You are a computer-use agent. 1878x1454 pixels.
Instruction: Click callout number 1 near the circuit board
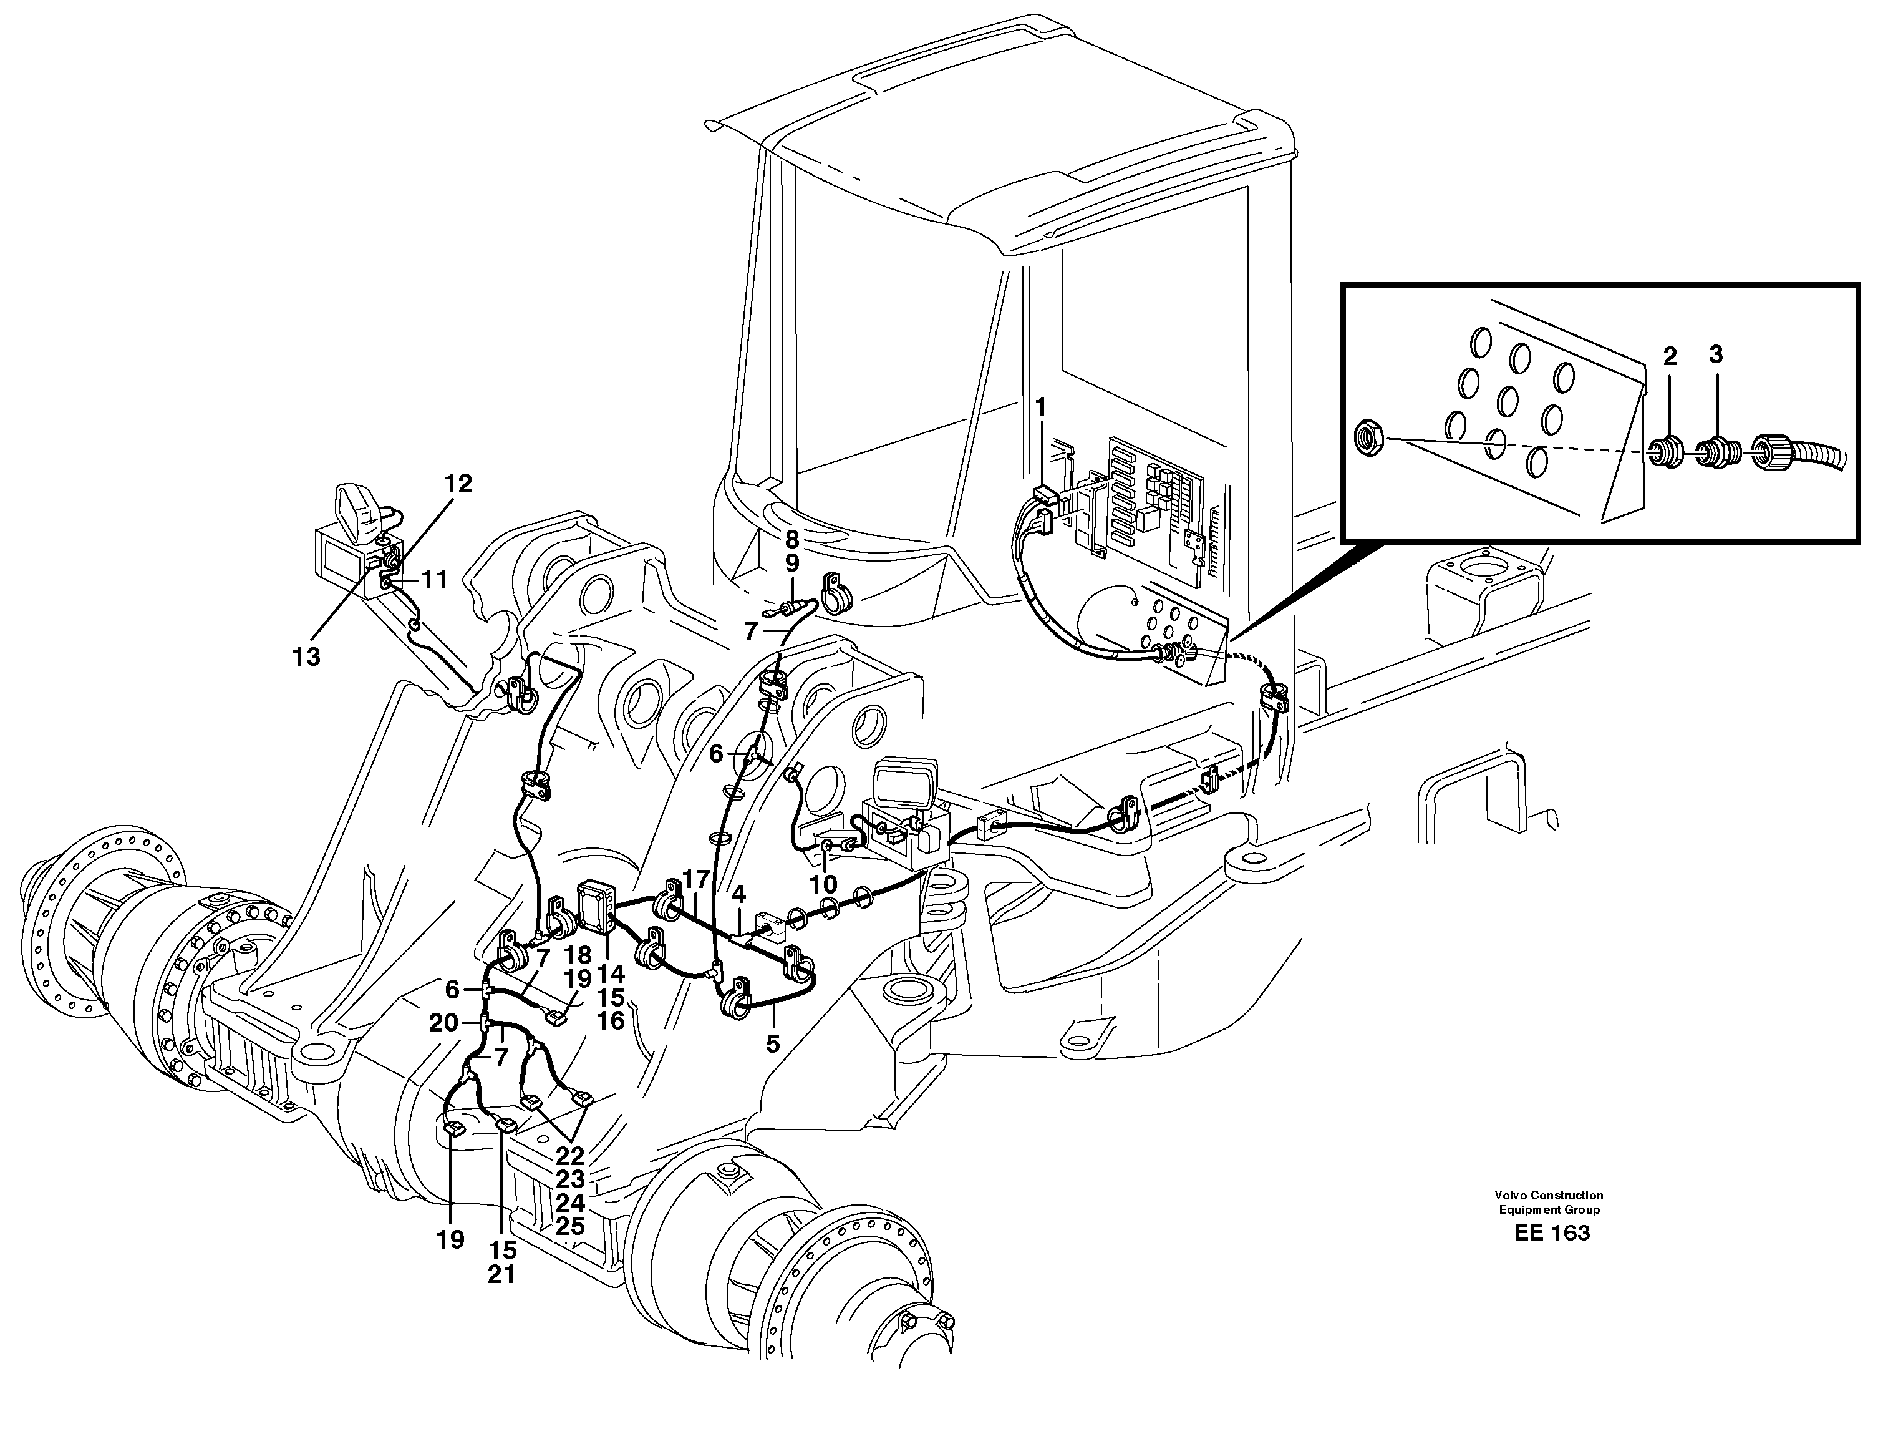(x=1042, y=408)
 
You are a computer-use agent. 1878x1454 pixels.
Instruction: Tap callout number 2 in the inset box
(x=1670, y=356)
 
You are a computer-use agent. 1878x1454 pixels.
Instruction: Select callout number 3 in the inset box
(x=1715, y=354)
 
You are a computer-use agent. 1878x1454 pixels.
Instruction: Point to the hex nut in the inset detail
(x=1368, y=437)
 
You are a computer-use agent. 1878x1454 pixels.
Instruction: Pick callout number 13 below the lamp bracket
(x=306, y=657)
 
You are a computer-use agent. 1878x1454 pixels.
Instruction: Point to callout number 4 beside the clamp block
(x=738, y=895)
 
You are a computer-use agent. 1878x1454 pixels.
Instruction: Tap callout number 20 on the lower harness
(x=443, y=1023)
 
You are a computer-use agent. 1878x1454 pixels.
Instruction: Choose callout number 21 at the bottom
(x=501, y=1274)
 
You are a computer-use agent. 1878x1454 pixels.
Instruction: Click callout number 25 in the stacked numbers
(x=570, y=1226)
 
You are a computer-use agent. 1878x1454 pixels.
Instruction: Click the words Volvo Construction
(x=1549, y=1195)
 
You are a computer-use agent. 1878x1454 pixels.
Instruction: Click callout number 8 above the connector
(x=792, y=540)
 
